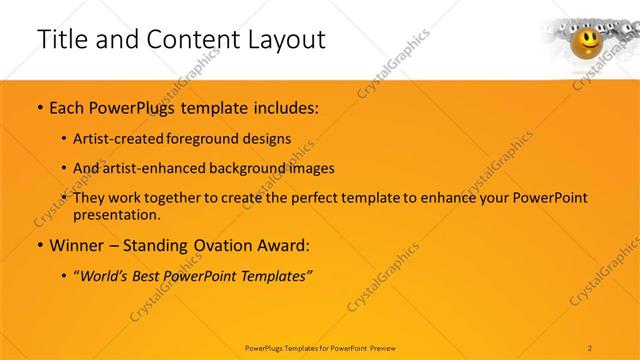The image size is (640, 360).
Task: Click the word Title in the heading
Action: point(63,40)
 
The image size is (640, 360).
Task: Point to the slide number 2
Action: point(591,347)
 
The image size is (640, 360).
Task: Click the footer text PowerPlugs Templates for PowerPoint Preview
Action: point(320,347)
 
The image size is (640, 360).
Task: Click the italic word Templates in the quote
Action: point(273,276)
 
